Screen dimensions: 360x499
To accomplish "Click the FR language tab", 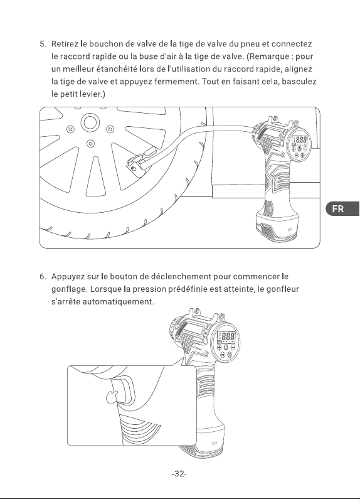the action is coord(342,209).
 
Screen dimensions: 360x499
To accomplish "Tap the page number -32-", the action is coord(179,473).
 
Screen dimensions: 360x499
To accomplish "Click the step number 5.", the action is coord(43,44).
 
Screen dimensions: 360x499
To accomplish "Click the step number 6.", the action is coord(43,277).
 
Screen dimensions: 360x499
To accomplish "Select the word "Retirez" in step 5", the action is coord(65,43).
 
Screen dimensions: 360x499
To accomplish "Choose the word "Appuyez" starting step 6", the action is coord(68,277).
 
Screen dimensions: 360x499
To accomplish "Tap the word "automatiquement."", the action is coord(119,301).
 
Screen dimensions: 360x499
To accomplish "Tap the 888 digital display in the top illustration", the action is coord(300,140).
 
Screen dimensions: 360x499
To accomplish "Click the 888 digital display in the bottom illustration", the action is coord(226,336).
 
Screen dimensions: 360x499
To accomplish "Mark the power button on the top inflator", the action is coord(299,149).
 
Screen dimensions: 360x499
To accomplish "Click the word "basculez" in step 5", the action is coord(299,82).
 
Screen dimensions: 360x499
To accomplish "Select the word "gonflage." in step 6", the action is coord(70,289).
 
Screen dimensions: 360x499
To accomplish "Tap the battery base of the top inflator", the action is coord(276,227).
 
